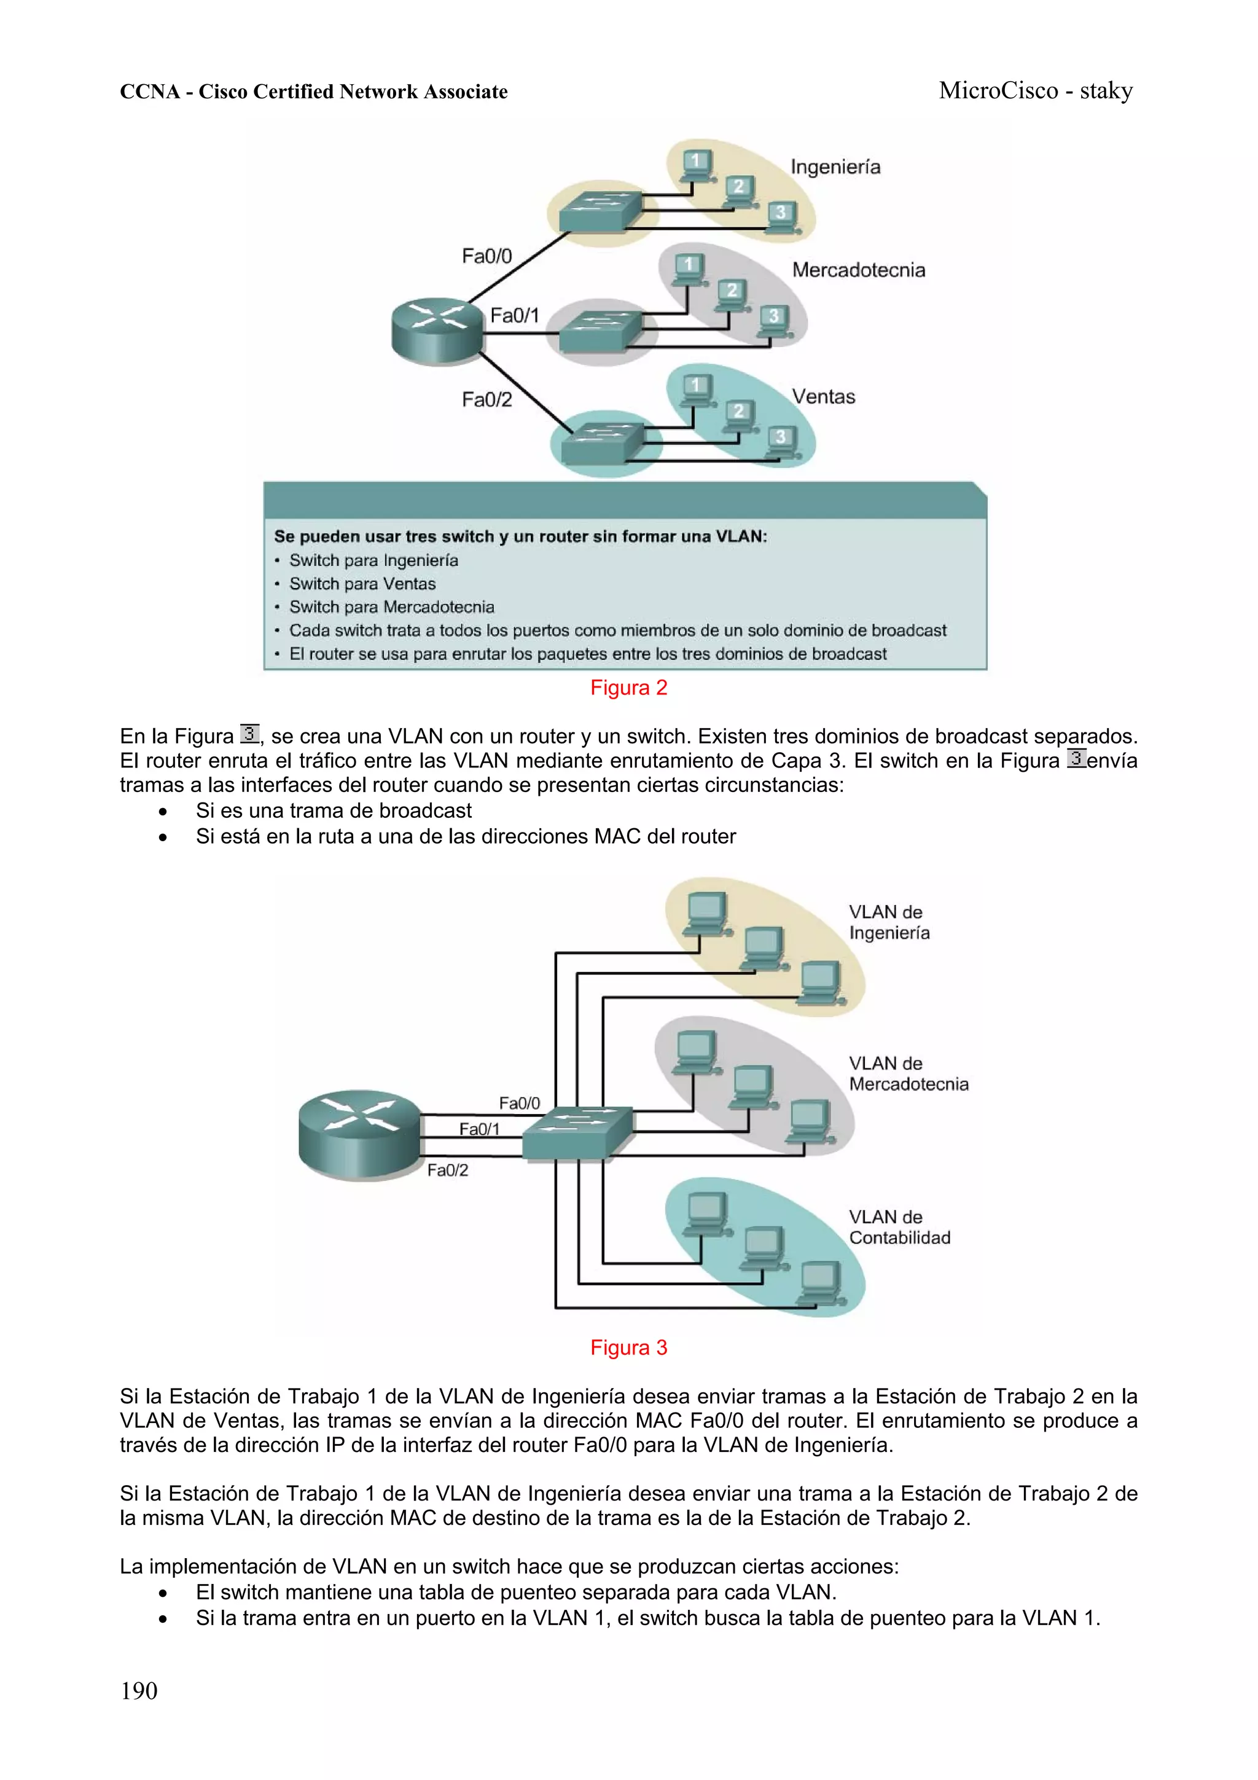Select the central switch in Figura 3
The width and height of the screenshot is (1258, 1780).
[577, 1132]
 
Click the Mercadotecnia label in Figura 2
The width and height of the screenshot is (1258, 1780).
[858, 270]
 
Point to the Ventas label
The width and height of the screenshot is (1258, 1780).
[823, 397]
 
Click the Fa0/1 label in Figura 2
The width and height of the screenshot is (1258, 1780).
[514, 315]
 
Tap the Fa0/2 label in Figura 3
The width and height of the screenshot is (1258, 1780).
[447, 1170]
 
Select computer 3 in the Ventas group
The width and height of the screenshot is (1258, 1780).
[781, 441]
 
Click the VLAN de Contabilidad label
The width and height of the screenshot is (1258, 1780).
[899, 1226]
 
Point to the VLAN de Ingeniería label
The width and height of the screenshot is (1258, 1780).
[888, 922]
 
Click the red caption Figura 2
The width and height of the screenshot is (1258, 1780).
[628, 688]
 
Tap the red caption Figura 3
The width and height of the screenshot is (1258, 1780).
[628, 1347]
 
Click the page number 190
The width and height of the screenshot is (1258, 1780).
[139, 1691]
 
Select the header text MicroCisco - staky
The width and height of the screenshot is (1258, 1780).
[1035, 91]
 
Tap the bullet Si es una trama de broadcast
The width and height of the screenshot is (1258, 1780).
[334, 811]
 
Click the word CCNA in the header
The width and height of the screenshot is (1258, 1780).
[150, 92]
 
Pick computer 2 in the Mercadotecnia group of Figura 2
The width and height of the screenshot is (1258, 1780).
[731, 294]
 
